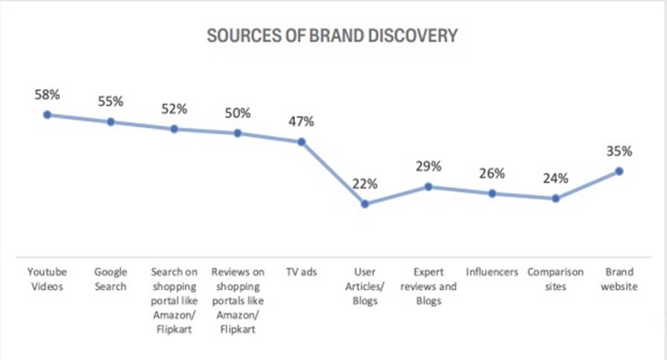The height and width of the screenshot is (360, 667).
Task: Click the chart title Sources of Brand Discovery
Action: (x=332, y=36)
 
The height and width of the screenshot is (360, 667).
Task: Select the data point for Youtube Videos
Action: (x=47, y=114)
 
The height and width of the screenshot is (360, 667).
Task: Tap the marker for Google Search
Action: (x=110, y=121)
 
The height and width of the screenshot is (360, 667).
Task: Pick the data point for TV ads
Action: (x=301, y=142)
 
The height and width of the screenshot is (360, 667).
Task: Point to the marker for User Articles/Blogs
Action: (x=365, y=203)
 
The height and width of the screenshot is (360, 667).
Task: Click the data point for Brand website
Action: (x=619, y=171)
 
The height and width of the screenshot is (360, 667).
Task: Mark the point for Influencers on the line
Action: (x=492, y=193)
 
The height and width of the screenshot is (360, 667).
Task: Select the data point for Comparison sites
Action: (x=555, y=198)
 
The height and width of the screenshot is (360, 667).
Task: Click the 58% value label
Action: (x=47, y=95)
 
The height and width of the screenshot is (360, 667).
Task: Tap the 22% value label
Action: (x=365, y=184)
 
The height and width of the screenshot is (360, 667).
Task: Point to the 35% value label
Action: (x=619, y=151)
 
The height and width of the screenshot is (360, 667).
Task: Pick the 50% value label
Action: (x=238, y=113)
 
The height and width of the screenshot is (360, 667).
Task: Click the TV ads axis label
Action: (x=301, y=272)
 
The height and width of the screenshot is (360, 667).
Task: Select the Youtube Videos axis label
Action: (x=47, y=279)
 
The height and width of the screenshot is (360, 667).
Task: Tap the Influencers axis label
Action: (x=492, y=272)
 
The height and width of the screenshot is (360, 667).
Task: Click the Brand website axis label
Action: (x=619, y=279)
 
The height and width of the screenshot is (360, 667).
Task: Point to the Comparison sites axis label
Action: (x=555, y=279)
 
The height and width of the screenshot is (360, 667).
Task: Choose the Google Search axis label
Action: (x=110, y=279)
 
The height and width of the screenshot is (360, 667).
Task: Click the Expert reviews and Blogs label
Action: (x=429, y=286)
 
